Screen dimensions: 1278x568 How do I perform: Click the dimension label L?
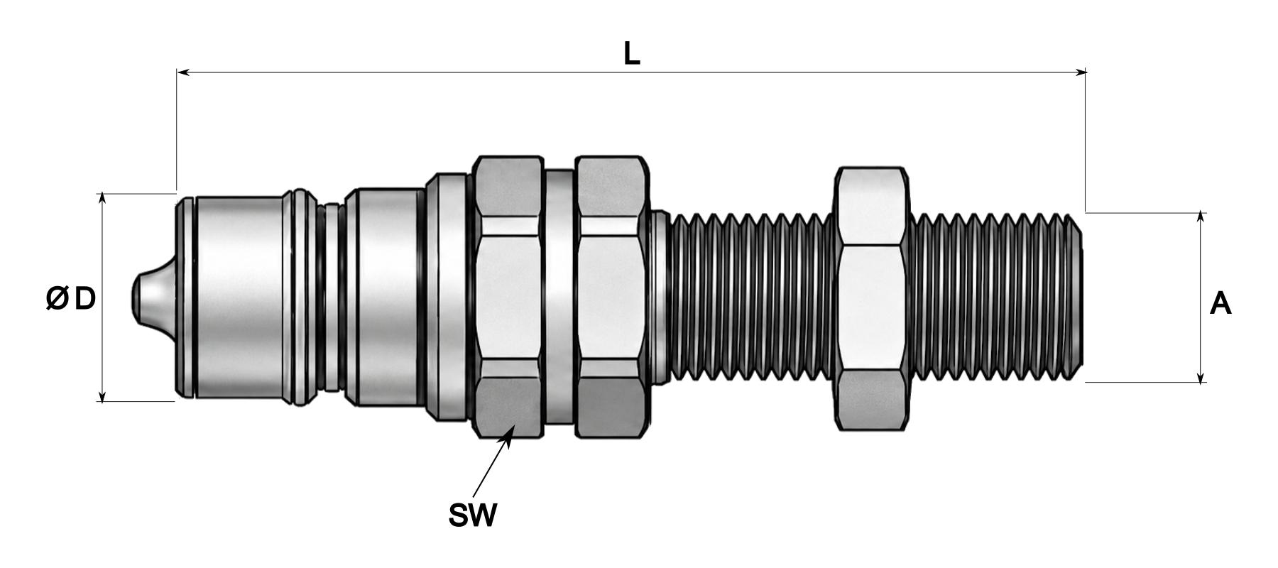point(631,54)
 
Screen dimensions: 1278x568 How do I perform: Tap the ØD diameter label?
point(70,300)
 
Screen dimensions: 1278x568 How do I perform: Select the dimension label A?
point(1220,304)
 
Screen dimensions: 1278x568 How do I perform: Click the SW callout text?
point(473,515)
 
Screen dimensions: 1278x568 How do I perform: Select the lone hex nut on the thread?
point(872,298)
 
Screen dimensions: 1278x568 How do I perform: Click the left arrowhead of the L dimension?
point(182,72)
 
